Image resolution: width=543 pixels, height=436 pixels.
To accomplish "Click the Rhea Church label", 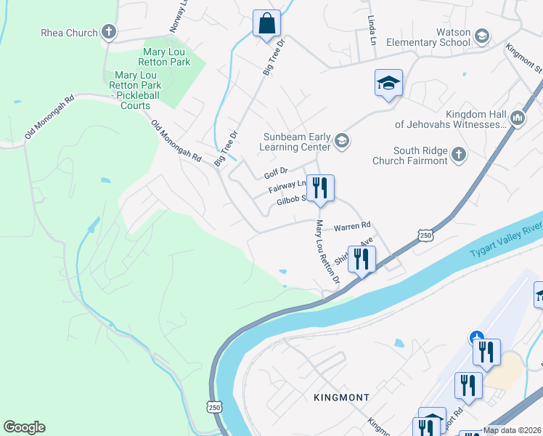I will pyautogui.click(x=69, y=32).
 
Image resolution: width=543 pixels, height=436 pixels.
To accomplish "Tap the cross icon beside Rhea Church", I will pyautogui.click(x=108, y=31).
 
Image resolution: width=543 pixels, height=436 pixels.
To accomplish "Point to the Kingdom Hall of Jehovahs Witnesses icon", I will pyautogui.click(x=517, y=117).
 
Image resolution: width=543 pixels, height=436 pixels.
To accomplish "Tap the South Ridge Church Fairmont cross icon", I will pyautogui.click(x=458, y=154).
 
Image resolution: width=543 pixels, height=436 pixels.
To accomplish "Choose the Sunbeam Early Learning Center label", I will pyautogui.click(x=297, y=142).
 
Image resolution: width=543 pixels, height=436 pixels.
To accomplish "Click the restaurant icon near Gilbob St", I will pyautogui.click(x=319, y=187).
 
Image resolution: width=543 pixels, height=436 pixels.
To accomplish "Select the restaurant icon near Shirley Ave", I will pyautogui.click(x=362, y=259).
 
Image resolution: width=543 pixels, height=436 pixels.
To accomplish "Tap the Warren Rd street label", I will pyautogui.click(x=352, y=226).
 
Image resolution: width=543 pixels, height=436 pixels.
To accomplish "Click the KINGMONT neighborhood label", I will pyautogui.click(x=341, y=397).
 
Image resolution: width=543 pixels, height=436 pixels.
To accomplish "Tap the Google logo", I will pyautogui.click(x=24, y=427).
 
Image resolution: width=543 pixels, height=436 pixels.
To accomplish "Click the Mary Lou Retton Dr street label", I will pyautogui.click(x=326, y=252).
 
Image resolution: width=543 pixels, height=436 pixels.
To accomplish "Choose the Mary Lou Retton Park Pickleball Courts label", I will pyautogui.click(x=136, y=91).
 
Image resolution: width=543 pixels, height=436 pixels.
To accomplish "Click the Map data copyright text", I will pyautogui.click(x=512, y=430).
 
